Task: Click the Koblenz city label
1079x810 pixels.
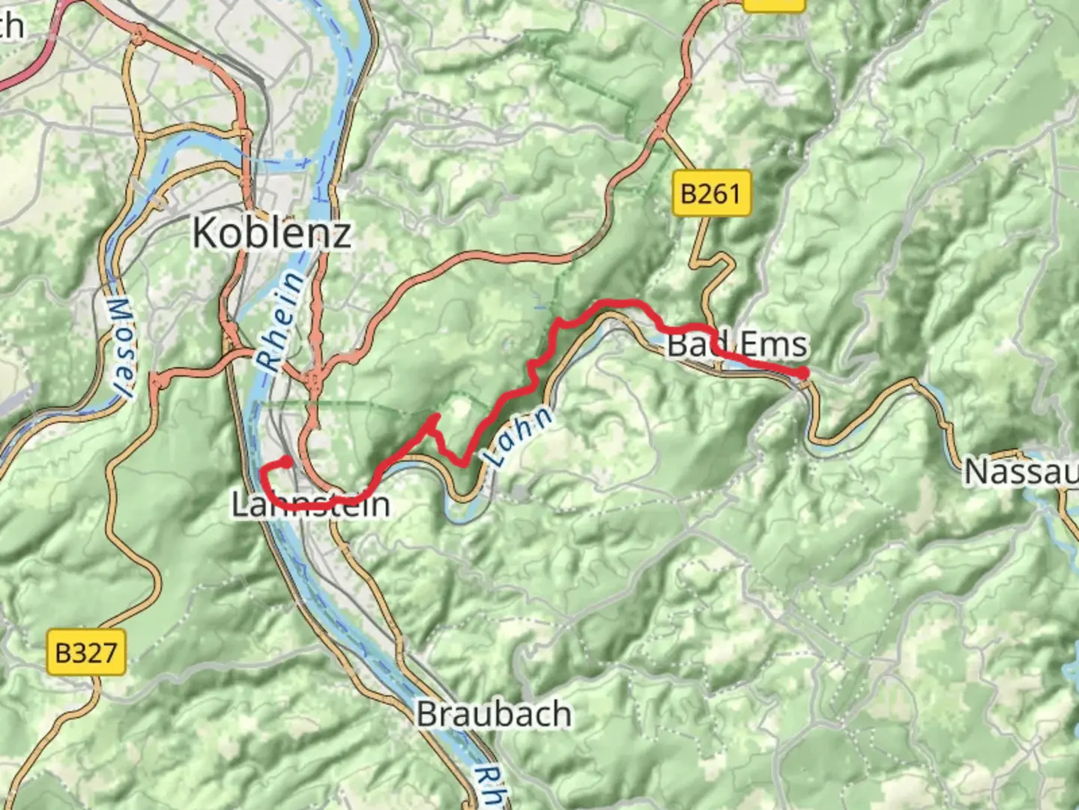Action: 271,232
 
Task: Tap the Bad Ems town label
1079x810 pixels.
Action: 737,345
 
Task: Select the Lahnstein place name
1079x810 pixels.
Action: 310,504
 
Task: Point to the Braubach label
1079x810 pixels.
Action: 494,713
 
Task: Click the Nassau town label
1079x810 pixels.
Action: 1021,472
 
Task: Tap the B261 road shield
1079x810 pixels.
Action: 710,194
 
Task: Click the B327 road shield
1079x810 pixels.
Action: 86,652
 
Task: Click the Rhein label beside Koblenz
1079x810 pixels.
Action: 282,321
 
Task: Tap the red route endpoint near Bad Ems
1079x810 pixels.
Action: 803,373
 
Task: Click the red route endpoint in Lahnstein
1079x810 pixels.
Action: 286,461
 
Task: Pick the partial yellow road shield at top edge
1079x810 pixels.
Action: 774,4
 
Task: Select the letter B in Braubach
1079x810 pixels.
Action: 427,713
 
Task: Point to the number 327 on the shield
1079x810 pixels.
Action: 95,652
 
